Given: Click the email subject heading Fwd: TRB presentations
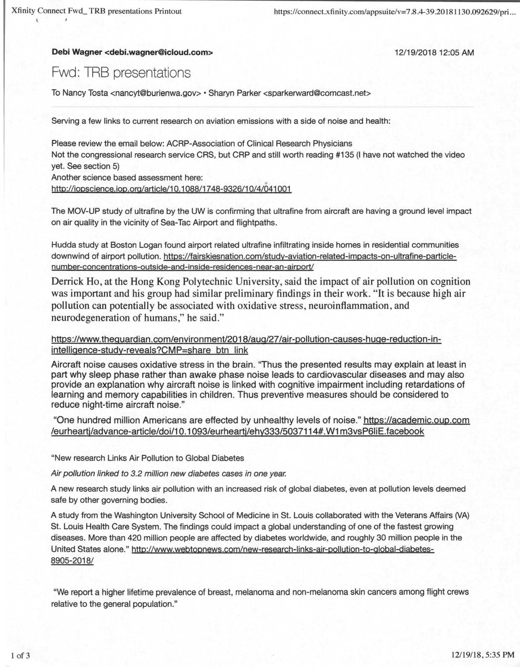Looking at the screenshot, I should pyautogui.click(x=121, y=73).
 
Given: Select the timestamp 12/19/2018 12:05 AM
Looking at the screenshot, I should pyautogui.click(x=435, y=53).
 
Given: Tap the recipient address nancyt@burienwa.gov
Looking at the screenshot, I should pyautogui.click(x=156, y=93).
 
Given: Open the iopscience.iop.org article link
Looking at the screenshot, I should pyautogui.click(x=171, y=189).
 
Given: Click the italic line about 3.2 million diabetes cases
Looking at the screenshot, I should pyautogui.click(x=168, y=473).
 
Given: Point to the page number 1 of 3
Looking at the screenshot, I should pyautogui.click(x=21, y=655).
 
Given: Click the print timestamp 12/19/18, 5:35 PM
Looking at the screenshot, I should pyautogui.click(x=482, y=655).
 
